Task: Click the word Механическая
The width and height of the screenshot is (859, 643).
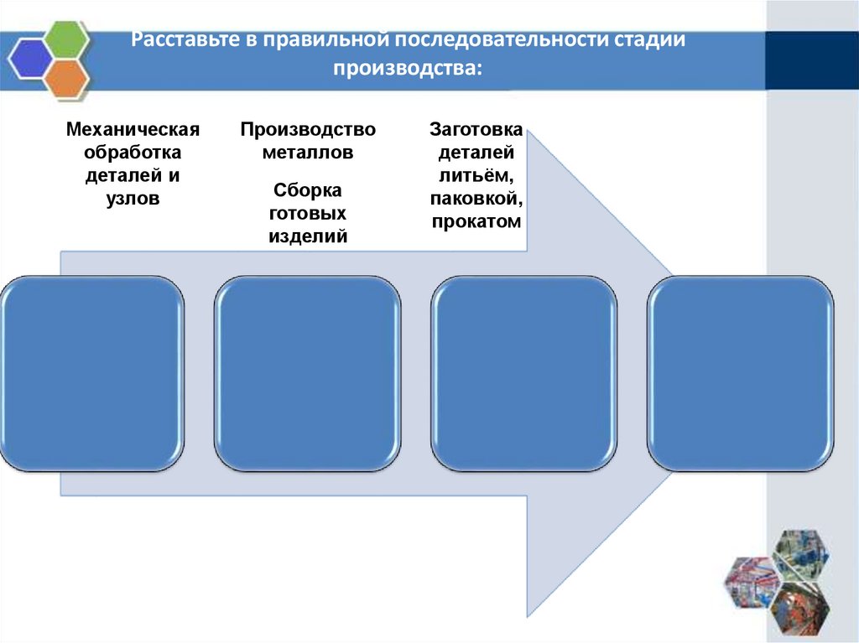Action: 133,130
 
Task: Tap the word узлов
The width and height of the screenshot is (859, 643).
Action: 133,200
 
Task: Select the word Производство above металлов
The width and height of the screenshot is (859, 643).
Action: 308,130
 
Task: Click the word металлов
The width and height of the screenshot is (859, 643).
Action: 308,153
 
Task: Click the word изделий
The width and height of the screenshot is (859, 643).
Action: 308,236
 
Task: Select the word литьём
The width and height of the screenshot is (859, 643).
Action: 476,176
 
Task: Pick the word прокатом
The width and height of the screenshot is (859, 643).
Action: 476,222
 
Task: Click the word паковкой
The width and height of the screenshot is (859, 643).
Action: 476,200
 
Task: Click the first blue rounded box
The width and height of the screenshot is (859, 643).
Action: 93,372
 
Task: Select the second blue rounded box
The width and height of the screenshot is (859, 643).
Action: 307,372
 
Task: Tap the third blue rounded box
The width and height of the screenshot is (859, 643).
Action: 523,372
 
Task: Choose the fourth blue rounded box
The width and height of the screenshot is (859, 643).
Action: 740,372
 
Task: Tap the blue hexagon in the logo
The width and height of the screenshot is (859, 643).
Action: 30,59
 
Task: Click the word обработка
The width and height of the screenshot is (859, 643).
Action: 133,153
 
